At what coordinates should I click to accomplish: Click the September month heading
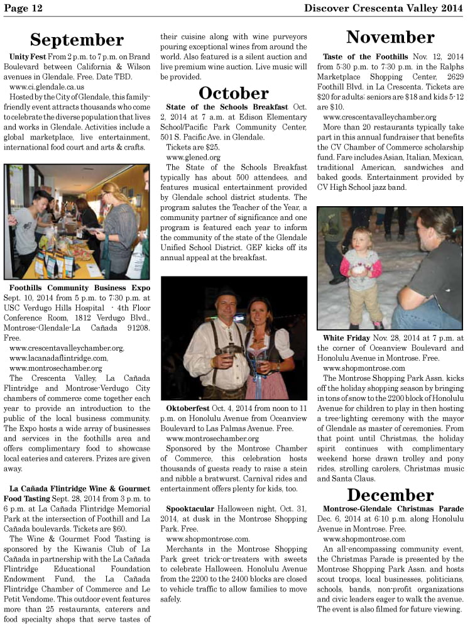(x=77, y=40)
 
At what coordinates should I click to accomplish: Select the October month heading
(x=233, y=93)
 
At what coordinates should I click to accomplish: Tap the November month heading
(x=390, y=36)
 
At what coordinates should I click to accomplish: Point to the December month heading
(x=390, y=495)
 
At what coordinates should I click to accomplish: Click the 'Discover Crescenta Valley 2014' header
(x=383, y=8)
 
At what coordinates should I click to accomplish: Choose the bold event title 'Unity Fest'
(x=26, y=57)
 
